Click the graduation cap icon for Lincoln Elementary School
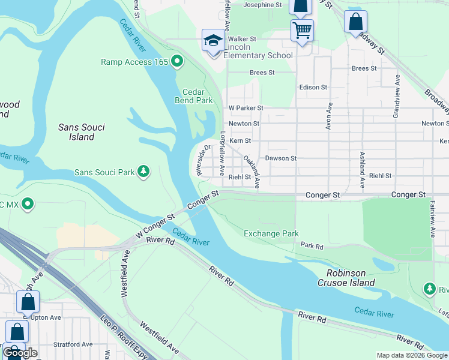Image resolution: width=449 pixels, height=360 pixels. pyautogui.click(x=212, y=40)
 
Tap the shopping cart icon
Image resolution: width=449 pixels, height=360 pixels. pyautogui.click(x=302, y=29)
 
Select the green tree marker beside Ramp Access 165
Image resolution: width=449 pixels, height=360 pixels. pyautogui.click(x=177, y=61)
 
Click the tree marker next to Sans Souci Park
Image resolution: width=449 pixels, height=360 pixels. pyautogui.click(x=143, y=172)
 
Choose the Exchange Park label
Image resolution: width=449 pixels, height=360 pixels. pyautogui.click(x=271, y=233)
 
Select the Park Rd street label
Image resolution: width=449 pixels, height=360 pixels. pyautogui.click(x=312, y=246)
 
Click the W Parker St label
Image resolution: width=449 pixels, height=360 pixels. pyautogui.click(x=246, y=108)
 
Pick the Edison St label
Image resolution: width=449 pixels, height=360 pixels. pyautogui.click(x=313, y=87)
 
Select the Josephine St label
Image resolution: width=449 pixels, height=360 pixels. pyautogui.click(x=262, y=5)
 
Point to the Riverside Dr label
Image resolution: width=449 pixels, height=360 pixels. pyautogui.click(x=202, y=160)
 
